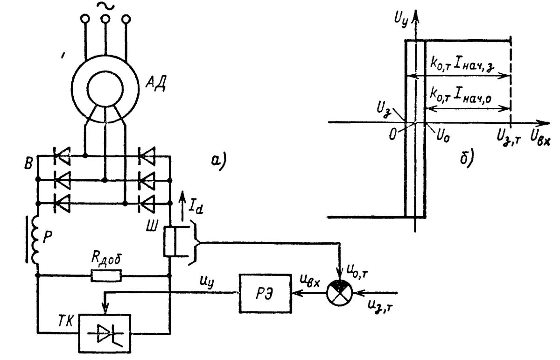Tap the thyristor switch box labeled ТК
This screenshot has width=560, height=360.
coord(105,332)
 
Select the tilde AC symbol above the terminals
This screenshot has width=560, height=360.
coord(105,6)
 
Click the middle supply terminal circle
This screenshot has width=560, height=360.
coord(105,19)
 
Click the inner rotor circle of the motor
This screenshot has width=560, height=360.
coord(105,88)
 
